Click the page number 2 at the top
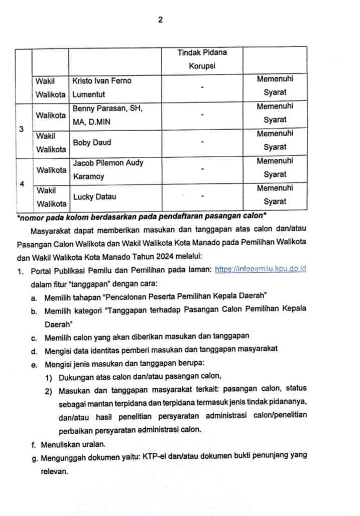160,20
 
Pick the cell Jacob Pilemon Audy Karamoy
108,170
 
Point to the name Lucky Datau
94,197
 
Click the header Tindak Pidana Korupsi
202,59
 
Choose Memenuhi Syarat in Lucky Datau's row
275,194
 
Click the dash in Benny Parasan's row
202,115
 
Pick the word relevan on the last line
54,471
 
